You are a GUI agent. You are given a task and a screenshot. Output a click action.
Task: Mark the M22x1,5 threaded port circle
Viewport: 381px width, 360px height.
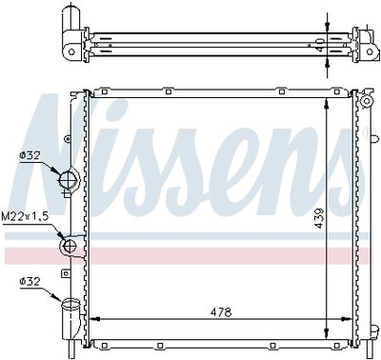click(69, 247)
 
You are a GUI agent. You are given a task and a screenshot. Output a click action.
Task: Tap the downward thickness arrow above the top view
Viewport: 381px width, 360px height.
click(328, 28)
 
